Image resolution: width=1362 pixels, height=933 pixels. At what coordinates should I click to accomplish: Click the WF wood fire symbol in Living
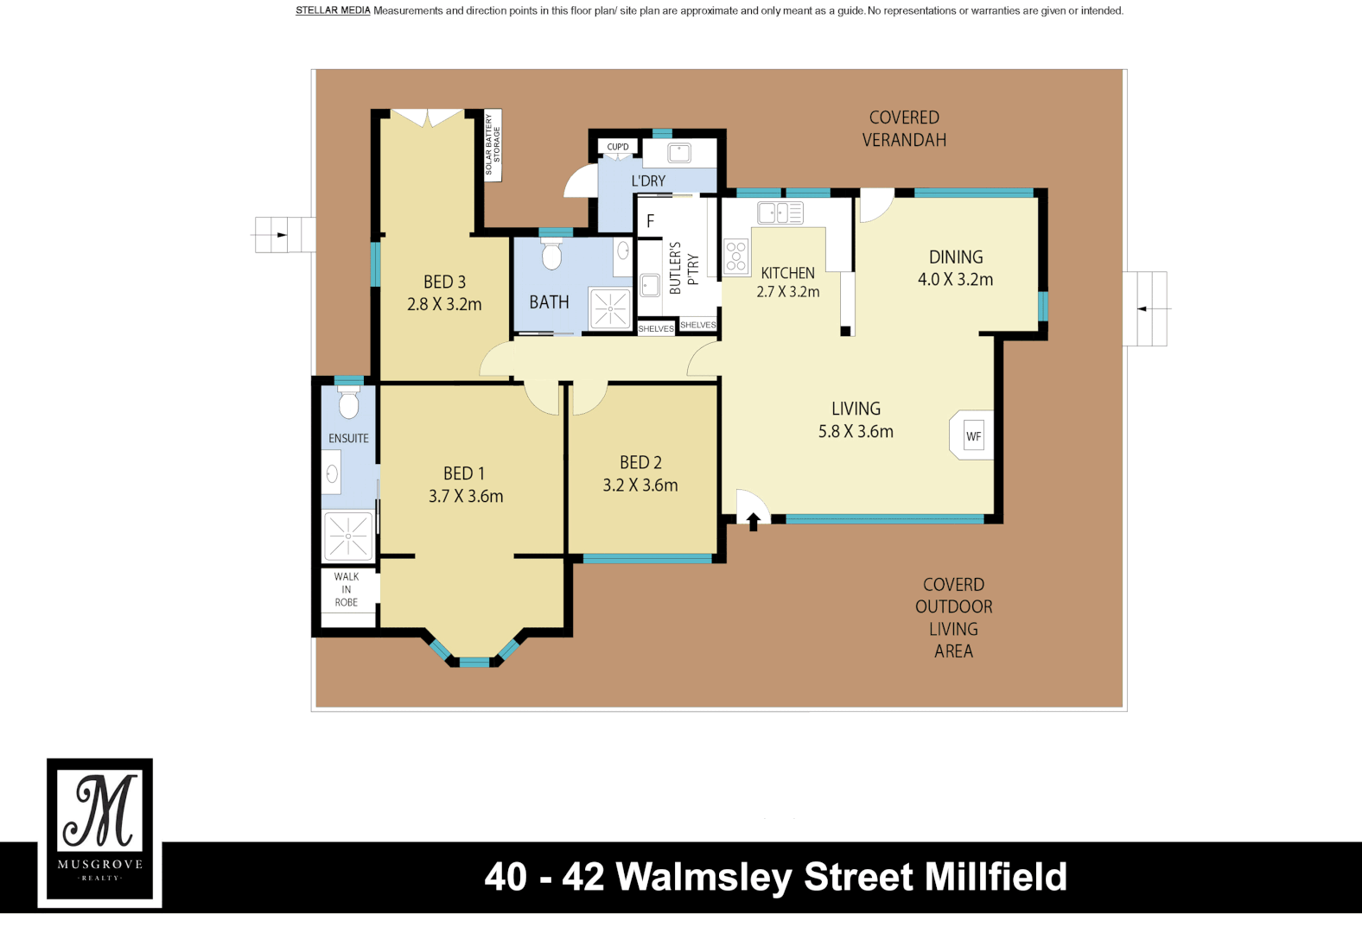coord(973,436)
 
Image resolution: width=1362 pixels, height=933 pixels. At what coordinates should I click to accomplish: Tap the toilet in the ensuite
coord(348,403)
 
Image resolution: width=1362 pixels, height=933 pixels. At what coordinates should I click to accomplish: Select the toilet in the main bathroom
coord(551,255)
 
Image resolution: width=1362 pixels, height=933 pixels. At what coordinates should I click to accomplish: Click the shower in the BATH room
coord(610,308)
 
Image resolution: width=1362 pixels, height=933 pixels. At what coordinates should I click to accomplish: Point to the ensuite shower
coord(348,536)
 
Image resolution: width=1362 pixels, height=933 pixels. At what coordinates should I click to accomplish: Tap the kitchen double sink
coord(780,213)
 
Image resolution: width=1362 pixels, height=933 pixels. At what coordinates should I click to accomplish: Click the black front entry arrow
coord(753,521)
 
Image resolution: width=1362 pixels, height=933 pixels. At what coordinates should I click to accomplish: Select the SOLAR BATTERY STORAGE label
coord(493,145)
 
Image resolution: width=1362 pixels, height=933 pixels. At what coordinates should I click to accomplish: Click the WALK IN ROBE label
coord(347,589)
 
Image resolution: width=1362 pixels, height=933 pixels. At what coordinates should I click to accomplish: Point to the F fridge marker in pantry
coord(650,221)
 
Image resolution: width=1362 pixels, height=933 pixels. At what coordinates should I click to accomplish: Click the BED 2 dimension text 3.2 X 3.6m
coord(640,486)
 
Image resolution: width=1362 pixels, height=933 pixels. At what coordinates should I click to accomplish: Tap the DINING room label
coord(955,257)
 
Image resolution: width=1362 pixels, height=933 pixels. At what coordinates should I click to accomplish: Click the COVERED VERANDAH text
coord(903,129)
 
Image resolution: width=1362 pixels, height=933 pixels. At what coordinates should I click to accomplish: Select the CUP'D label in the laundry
coord(618,147)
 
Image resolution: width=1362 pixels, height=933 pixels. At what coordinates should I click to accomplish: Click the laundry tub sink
coord(679,154)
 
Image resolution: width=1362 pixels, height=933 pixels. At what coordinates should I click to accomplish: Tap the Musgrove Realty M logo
coord(100,812)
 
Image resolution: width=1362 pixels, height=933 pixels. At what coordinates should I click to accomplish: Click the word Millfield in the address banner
coord(996,877)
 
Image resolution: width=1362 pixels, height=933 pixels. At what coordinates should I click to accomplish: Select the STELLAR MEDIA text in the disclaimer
coord(333,10)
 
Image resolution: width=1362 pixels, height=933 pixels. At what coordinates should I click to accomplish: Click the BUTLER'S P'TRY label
coord(683,268)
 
